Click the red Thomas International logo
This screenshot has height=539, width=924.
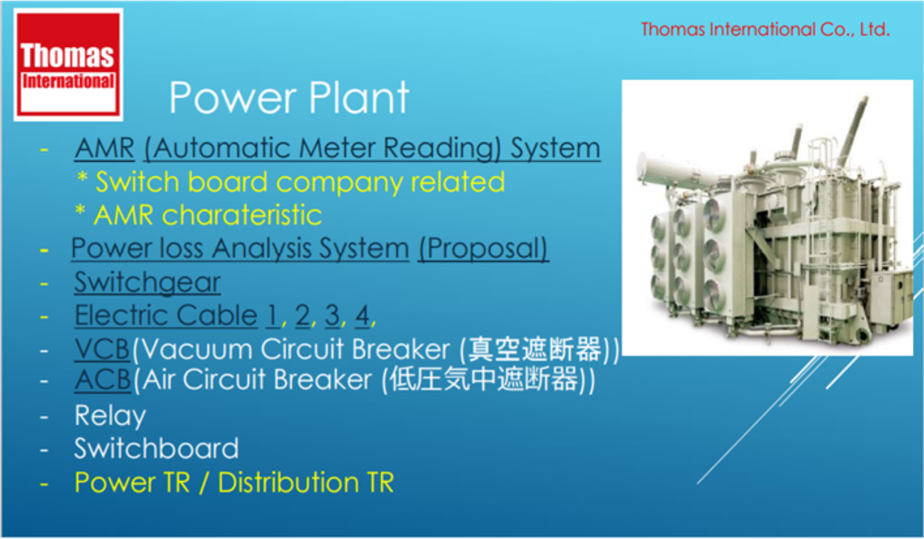coord(68,65)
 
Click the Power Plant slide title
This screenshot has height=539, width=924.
coord(289,97)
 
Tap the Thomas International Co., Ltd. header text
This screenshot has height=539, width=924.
coord(765,29)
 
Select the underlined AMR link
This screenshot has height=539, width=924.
coord(104,148)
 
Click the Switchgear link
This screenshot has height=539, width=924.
coord(147,282)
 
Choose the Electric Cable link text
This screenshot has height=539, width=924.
coord(166,315)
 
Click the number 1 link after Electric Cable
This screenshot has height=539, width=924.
coord(273,316)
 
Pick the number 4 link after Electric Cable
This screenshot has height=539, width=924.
coord(362,316)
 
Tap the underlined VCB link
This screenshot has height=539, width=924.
coord(102,349)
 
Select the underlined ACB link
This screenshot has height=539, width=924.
coord(103,379)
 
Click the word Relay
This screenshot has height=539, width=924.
coord(110,416)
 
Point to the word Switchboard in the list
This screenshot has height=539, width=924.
coord(156,448)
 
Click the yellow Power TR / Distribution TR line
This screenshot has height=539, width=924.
coord(234,482)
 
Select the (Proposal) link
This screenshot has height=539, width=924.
coord(483,249)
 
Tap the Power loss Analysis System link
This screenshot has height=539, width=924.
coord(240,249)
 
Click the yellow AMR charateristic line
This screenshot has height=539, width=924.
coord(198,215)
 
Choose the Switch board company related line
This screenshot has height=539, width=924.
coord(291,182)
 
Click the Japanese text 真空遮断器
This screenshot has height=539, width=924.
coord(534,349)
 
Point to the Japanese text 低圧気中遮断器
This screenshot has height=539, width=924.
coord(484,379)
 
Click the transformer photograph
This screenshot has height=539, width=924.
coord(768,217)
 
